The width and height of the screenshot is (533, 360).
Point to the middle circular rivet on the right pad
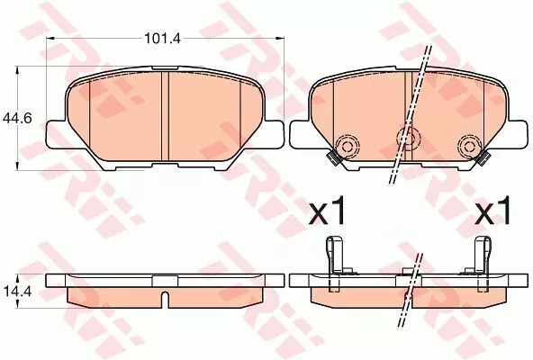coord(407,138)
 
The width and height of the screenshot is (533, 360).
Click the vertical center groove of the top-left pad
coord(167,117)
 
